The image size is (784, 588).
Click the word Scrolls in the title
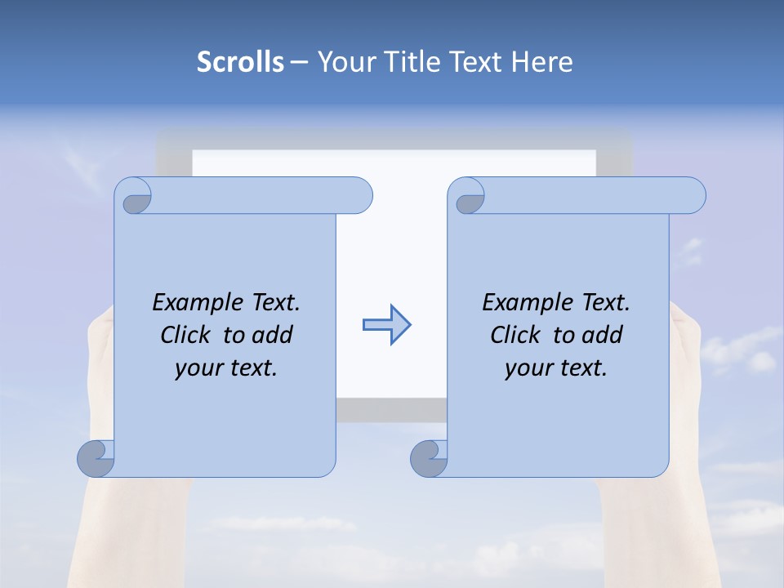240,61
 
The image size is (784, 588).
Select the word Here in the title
542,61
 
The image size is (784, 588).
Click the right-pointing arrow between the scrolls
386,325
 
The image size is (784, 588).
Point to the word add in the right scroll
603,335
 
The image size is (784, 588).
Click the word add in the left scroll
273,335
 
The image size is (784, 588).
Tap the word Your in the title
344,61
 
